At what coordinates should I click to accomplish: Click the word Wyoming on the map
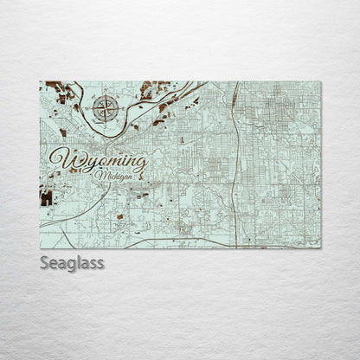[x=98, y=161]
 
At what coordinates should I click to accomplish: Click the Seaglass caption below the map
[x=71, y=262]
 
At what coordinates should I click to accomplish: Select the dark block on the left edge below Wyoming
[x=46, y=197]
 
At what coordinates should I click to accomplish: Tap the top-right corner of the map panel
[x=319, y=82]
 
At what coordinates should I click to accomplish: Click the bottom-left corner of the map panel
[x=41, y=247]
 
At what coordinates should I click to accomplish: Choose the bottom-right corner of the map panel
[x=319, y=247]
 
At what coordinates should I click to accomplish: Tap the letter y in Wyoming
[x=83, y=164]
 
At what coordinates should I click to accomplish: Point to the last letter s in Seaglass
[x=100, y=262]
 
